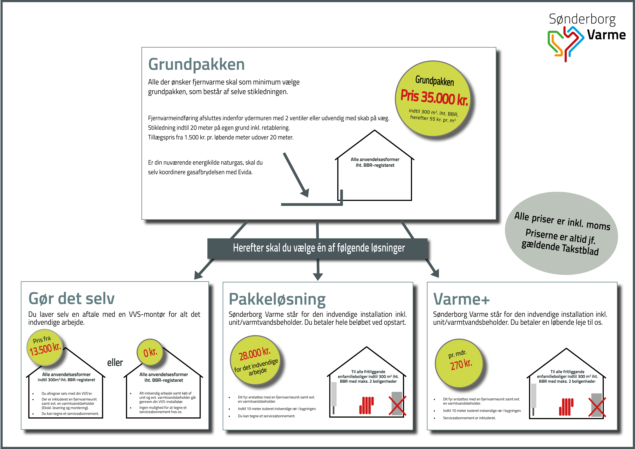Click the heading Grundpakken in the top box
[x=196, y=64]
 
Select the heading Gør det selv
[x=71, y=299]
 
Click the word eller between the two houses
[x=115, y=362]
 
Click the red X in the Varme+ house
[x=597, y=407]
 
